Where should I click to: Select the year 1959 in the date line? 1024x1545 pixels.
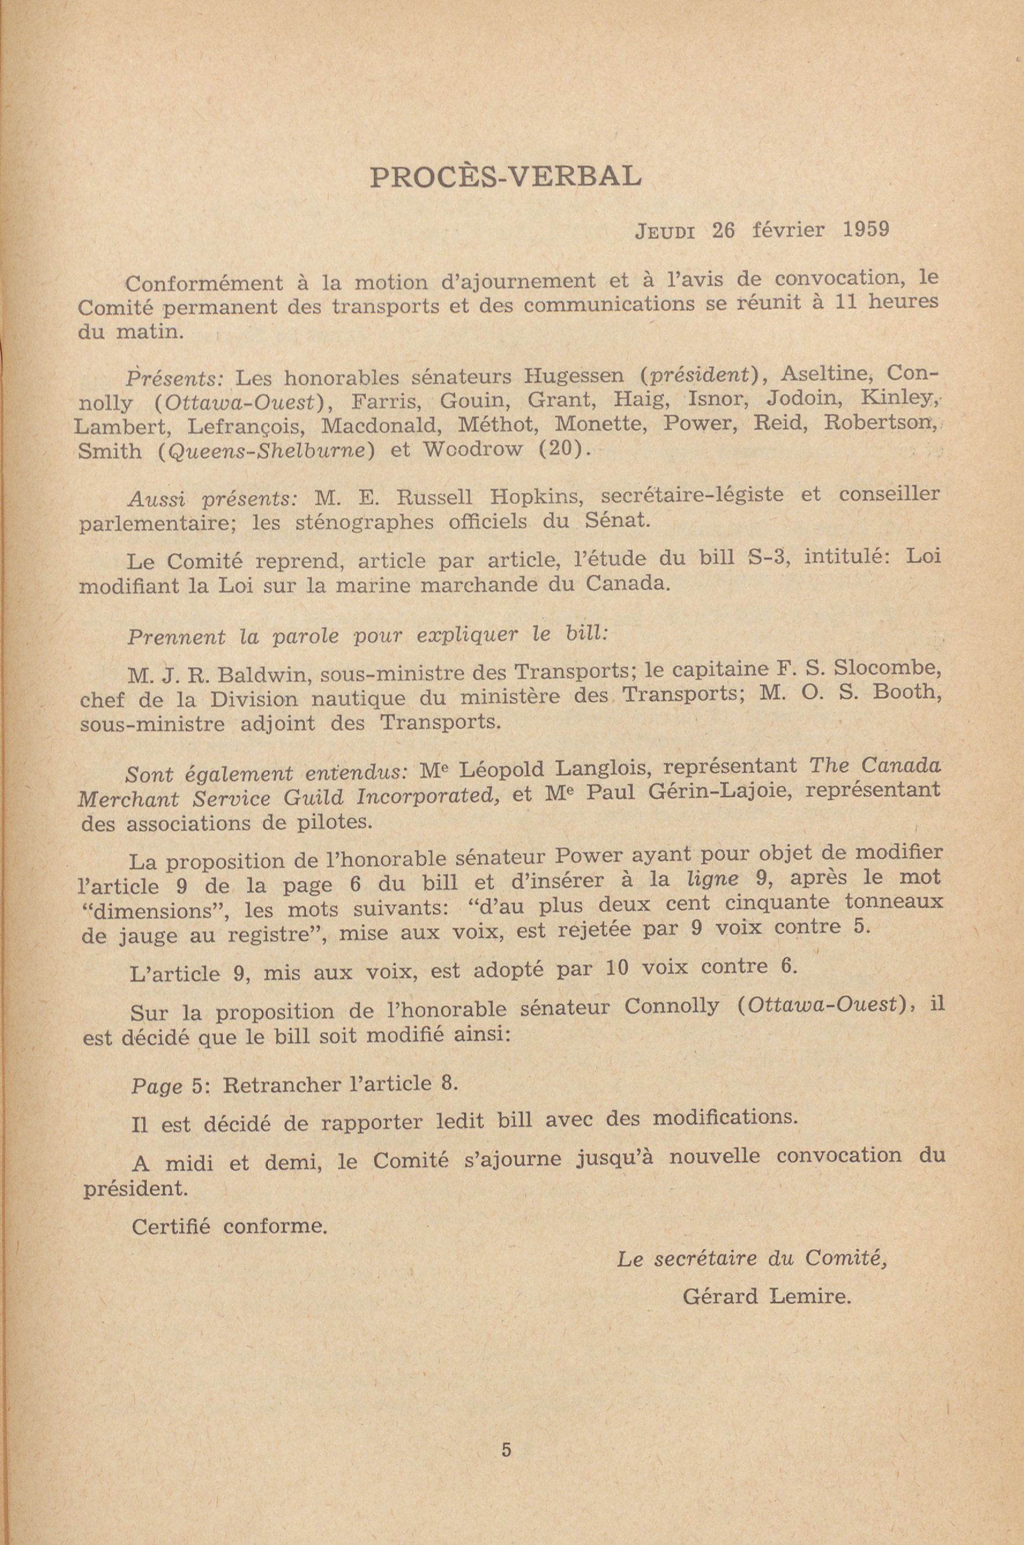[865, 230]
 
